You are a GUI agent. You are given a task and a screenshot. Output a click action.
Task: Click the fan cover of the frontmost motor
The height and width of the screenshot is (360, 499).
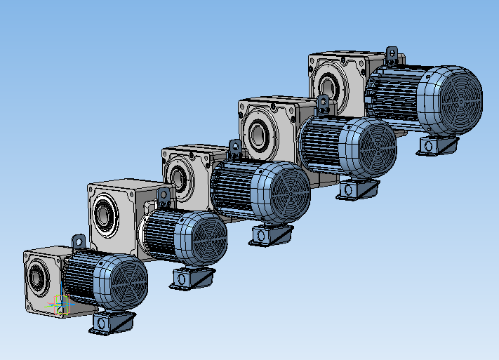[126, 281]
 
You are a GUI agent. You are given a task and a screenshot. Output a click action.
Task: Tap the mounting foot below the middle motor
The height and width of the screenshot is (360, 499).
[271, 235]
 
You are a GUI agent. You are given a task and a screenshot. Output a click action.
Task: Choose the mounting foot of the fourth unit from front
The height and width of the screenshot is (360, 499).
[357, 188]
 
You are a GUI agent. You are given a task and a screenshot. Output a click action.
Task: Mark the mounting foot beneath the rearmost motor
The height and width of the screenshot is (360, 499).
[438, 145]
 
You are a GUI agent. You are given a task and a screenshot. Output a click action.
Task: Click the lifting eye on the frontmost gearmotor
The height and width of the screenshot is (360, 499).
[78, 240]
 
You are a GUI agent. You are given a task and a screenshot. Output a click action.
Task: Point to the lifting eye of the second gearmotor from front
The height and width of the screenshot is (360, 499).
[164, 196]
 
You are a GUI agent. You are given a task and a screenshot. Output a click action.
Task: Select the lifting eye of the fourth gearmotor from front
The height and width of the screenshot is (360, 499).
[323, 104]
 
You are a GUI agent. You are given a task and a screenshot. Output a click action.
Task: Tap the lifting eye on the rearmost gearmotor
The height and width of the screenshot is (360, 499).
[392, 53]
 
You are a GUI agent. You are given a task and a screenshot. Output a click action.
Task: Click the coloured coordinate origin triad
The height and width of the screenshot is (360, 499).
[61, 307]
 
